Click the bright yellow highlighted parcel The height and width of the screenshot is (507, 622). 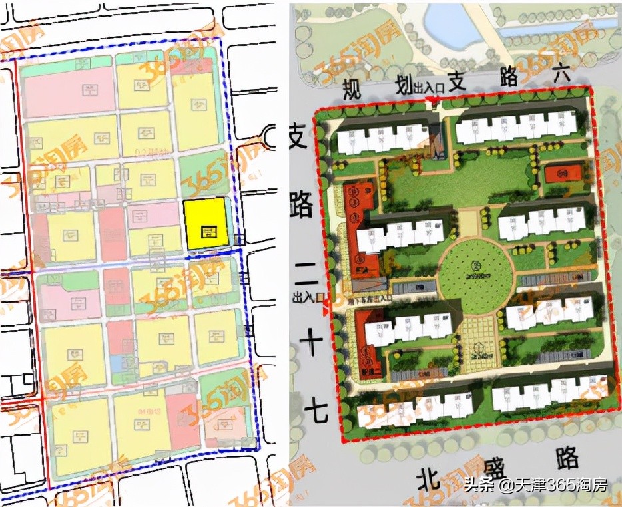(206, 224)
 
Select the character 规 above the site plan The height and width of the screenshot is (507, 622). (351, 89)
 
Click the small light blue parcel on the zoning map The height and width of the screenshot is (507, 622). (117, 363)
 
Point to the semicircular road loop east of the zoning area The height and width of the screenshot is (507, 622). (271, 138)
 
